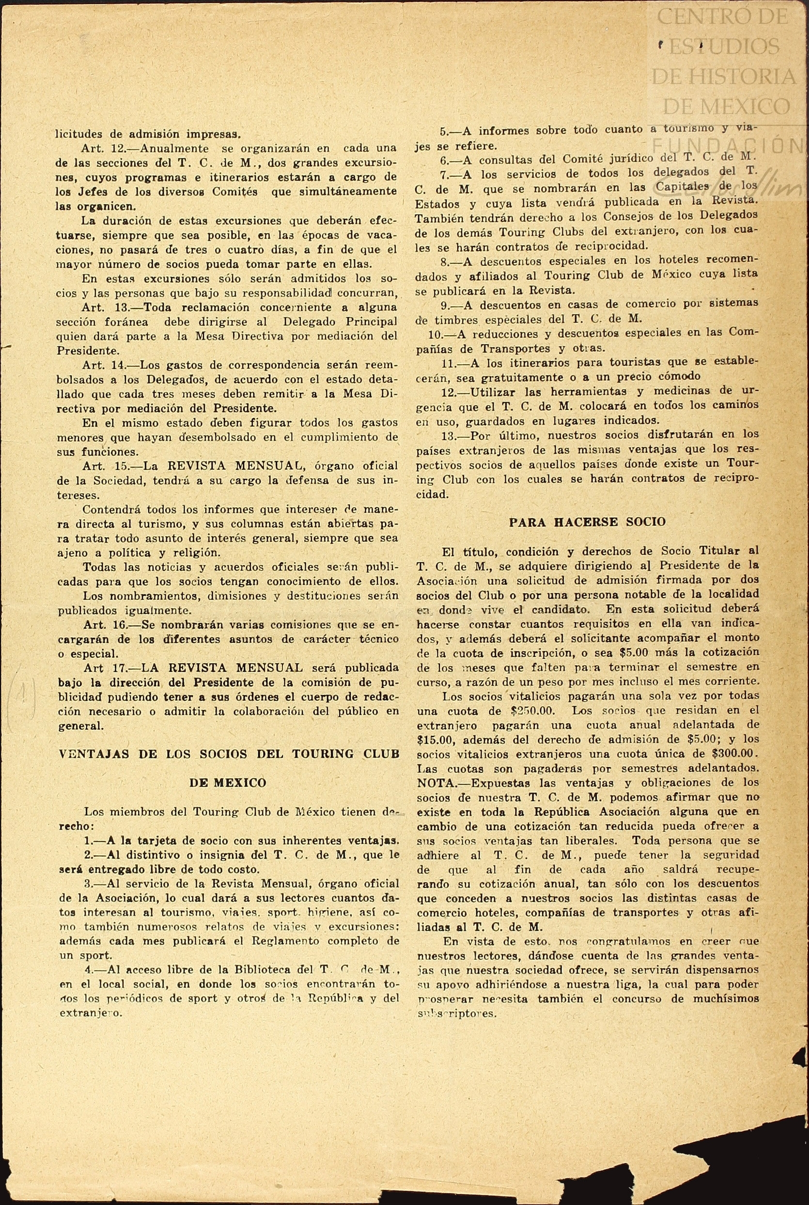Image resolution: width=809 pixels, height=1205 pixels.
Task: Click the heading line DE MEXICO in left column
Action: [228, 783]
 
